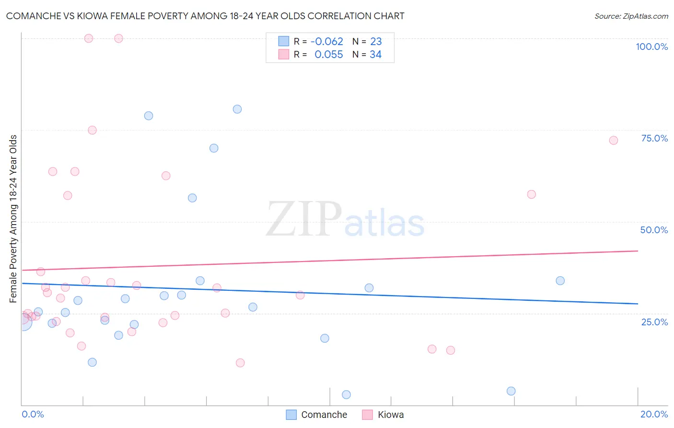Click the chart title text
point(205,16)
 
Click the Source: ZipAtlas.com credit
point(631,16)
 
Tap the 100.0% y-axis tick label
point(651,47)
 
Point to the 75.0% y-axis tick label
point(654,138)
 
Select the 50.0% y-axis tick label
point(654,230)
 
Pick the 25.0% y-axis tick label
point(654,322)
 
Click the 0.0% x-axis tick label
point(33,414)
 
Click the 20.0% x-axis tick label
point(654,414)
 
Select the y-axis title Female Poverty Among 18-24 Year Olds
point(13,219)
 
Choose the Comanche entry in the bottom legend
point(316,415)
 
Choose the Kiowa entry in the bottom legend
point(383,415)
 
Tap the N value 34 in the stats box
point(375,55)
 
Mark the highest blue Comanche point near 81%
point(237,109)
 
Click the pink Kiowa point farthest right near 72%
point(613,140)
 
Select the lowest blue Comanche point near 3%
point(346,394)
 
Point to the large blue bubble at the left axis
point(22,322)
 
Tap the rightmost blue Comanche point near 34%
point(560,281)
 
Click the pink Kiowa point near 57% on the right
point(531,194)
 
